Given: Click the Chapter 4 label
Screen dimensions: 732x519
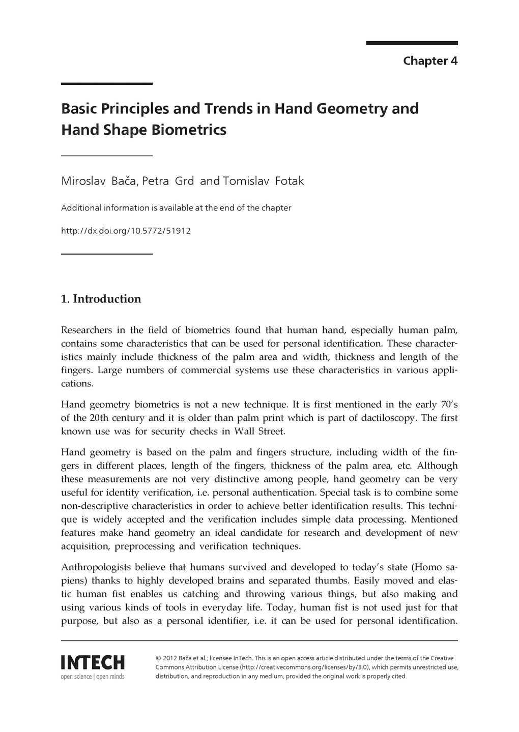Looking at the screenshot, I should coord(430,61).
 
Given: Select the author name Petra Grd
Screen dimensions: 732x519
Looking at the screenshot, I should coord(168,181).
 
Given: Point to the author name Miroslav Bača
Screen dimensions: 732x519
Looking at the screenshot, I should coord(99,181).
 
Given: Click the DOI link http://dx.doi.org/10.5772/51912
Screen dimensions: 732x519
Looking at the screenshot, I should coord(126,231).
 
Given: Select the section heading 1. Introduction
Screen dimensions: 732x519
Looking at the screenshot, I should coord(101,299).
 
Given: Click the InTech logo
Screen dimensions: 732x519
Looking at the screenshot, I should coord(93,662).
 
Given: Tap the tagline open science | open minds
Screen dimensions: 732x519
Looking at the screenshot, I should coord(93,677).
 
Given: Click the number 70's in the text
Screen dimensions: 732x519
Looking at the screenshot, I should coord(447,405).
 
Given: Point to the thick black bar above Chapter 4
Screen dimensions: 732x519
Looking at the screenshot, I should coord(412,43).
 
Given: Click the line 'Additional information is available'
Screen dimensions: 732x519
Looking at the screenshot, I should coord(176,208).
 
